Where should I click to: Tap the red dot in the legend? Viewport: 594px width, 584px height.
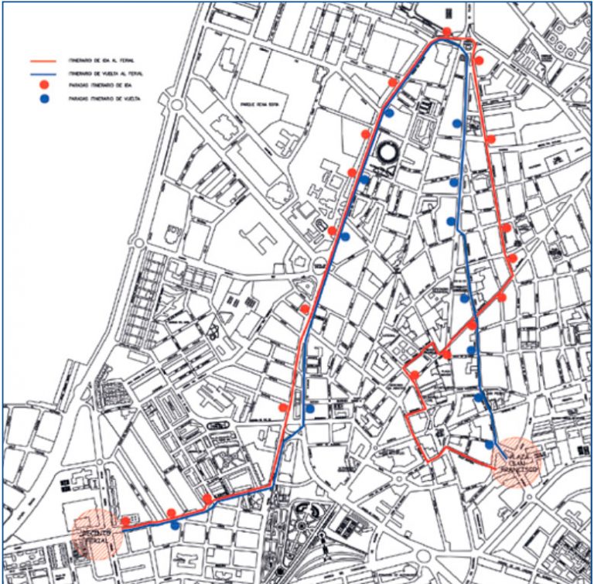44,84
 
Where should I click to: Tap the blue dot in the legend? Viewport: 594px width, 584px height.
44,100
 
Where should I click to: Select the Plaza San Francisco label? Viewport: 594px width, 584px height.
519,461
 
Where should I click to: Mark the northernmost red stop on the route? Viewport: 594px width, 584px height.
447,32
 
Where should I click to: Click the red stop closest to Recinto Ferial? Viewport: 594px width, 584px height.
126,521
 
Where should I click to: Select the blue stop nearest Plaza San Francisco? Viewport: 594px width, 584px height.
490,445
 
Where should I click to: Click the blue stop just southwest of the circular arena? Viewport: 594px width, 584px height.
364,179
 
